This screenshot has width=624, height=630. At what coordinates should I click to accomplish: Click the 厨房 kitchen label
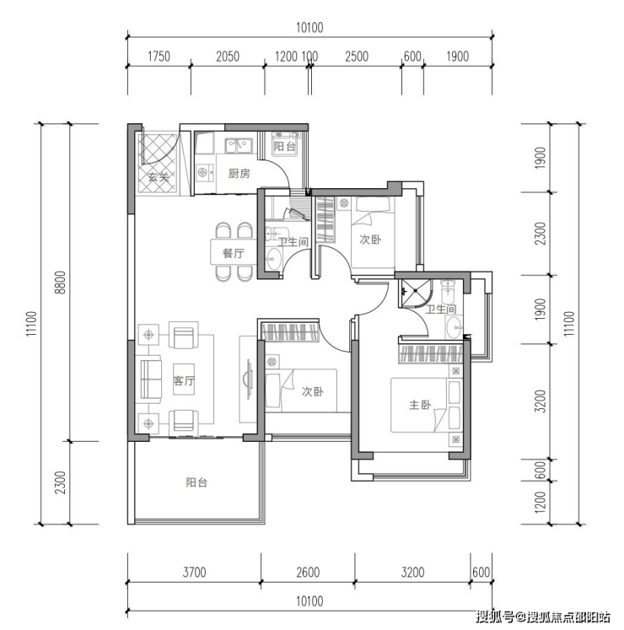coord(239,174)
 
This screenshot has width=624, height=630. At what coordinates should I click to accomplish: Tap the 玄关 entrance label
coord(158,177)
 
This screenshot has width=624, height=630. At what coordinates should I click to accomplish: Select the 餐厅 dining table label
coord(233,253)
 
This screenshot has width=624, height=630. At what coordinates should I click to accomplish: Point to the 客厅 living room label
coord(184,380)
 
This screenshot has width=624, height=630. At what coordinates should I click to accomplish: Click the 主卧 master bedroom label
coord(420,405)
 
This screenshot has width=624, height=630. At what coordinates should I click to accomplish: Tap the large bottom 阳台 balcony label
coord(196,482)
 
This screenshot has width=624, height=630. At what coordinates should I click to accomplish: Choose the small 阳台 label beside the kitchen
coord(284,146)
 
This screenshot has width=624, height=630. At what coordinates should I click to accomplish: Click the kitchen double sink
coord(239,146)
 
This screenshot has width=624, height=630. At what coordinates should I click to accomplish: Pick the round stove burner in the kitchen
coord(202,173)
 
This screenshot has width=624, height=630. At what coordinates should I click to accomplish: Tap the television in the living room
coord(248,379)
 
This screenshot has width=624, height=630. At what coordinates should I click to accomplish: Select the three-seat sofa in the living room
coord(148,380)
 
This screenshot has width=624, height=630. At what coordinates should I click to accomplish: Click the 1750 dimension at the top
coord(159,57)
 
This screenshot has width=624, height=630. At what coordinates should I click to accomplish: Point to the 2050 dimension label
coord(228,57)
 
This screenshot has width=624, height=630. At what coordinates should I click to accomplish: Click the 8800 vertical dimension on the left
coord(60,282)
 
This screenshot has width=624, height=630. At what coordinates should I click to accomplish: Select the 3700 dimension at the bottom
coord(194,572)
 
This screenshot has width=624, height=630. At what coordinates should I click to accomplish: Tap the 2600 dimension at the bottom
coord(308,572)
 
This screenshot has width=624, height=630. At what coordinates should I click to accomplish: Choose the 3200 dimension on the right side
coord(541,401)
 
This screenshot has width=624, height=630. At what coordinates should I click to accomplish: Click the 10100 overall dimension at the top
coord(309,28)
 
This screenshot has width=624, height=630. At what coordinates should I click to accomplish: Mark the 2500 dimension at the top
coord(357,57)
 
